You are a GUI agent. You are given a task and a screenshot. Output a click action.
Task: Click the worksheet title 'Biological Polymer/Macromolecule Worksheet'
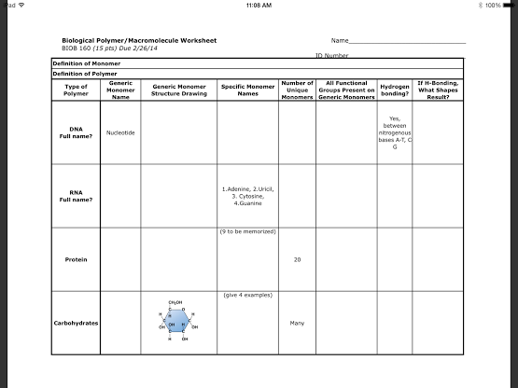139,41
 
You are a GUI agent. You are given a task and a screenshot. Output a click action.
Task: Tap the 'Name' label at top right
340,41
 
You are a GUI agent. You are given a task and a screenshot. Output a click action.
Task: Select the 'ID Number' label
331,55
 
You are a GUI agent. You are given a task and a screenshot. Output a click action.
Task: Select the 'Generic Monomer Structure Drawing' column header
178,90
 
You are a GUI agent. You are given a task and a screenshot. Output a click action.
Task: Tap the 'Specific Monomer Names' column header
247,90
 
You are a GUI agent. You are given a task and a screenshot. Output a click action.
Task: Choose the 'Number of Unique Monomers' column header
297,90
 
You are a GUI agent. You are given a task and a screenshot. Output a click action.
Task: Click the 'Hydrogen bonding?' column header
395,90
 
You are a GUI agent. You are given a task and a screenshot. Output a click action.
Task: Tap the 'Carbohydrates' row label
77,323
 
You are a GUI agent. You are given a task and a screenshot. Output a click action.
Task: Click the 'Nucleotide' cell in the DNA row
121,132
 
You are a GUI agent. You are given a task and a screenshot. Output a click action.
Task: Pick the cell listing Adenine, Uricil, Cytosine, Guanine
247,195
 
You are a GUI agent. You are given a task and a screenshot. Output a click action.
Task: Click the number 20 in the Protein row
297,258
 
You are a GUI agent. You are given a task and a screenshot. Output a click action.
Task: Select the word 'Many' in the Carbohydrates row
297,323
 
